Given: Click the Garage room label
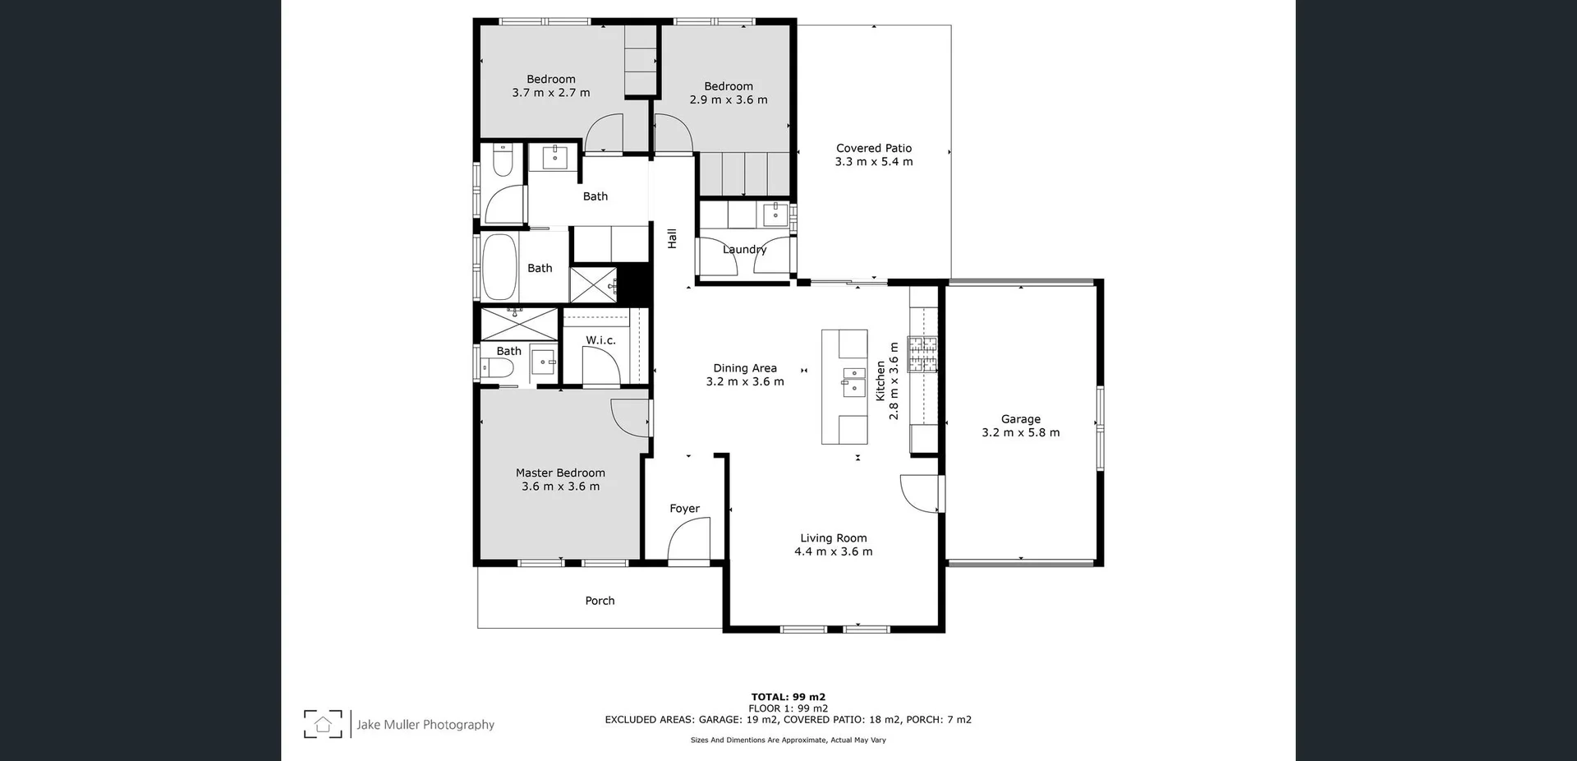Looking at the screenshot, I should [1020, 419].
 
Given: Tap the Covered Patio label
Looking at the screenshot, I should [874, 149].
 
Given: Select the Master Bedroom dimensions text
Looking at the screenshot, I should [560, 487].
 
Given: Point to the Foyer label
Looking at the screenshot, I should [684, 509].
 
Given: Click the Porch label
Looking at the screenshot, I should [600, 601].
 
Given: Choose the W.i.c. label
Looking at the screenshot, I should [600, 340].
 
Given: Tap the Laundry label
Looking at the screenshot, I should [744, 250].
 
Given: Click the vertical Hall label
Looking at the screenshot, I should [672, 238].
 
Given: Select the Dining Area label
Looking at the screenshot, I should [744, 368].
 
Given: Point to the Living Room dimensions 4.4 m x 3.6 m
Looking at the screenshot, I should [833, 552].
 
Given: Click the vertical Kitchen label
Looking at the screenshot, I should [880, 380].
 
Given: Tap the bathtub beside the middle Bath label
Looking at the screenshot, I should [499, 267].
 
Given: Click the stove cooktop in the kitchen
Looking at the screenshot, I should [922, 354].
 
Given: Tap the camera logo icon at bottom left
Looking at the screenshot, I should [323, 724].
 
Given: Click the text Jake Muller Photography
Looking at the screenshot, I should [425, 725].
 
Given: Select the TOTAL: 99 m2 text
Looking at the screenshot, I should [788, 697].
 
